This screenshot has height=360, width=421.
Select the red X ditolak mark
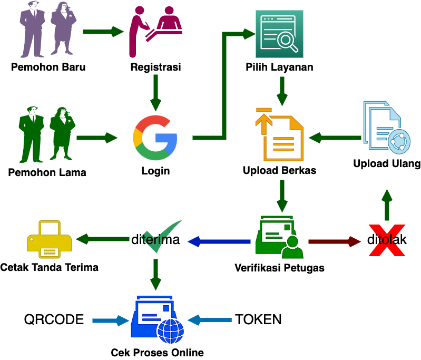pyautogui.click(x=387, y=240)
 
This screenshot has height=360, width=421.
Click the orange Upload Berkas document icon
pyautogui.click(x=279, y=135)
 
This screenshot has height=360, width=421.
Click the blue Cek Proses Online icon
pyautogui.click(x=156, y=319)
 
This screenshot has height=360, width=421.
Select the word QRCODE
pyautogui.click(x=54, y=319)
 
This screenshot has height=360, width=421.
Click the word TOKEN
pyautogui.click(x=258, y=319)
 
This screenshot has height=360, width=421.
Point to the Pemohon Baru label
pyautogui.click(x=48, y=67)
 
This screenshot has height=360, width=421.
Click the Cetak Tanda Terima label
pyautogui.click(x=49, y=268)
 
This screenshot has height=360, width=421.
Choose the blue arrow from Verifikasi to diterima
pyautogui.click(x=219, y=241)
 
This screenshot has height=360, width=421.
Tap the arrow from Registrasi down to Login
pyautogui.click(x=155, y=91)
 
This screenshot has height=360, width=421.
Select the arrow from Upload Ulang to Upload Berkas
pyautogui.click(x=335, y=138)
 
